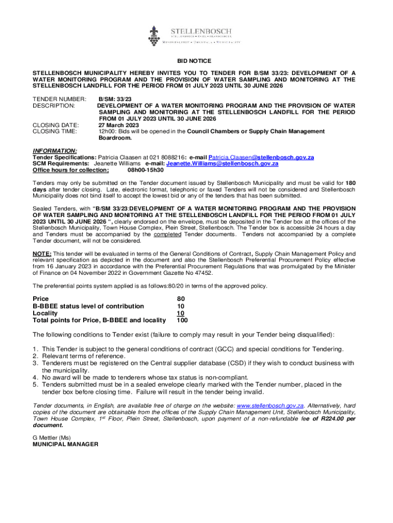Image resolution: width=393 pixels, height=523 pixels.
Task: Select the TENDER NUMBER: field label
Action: pyautogui.click(x=56, y=99)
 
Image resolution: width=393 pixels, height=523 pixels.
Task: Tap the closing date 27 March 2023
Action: pyautogui.click(x=118, y=125)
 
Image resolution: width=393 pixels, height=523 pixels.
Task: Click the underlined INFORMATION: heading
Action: pyautogui.click(x=55, y=151)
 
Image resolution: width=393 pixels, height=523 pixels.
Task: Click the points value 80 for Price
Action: pyautogui.click(x=181, y=299)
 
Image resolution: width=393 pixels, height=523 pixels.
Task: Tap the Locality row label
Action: pyautogui.click(x=45, y=313)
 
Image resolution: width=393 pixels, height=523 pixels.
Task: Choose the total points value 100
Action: pyautogui.click(x=182, y=321)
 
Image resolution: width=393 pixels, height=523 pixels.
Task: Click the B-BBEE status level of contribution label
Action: pyautogui.click(x=88, y=306)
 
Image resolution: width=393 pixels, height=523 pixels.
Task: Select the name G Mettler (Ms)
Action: pyautogui.click(x=52, y=438)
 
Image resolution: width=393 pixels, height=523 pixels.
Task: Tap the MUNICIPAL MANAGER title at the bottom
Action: pyautogui.click(x=65, y=444)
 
